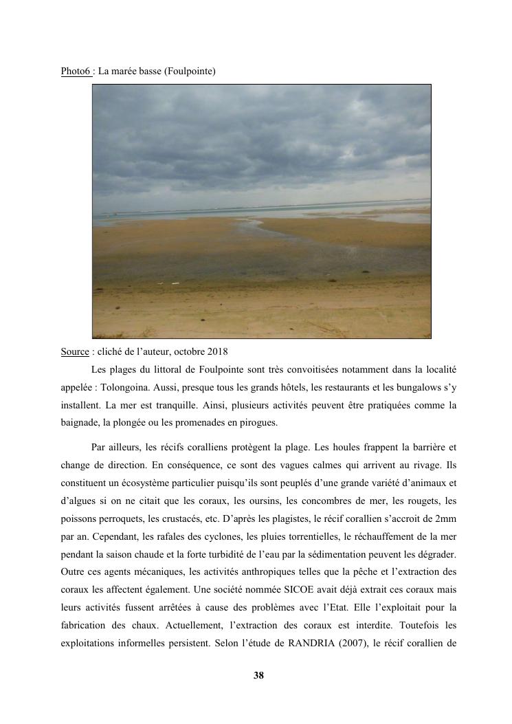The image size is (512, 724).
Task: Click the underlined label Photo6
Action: [76, 71]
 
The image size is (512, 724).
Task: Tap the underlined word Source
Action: [75, 352]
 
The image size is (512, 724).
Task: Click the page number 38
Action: [258, 675]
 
